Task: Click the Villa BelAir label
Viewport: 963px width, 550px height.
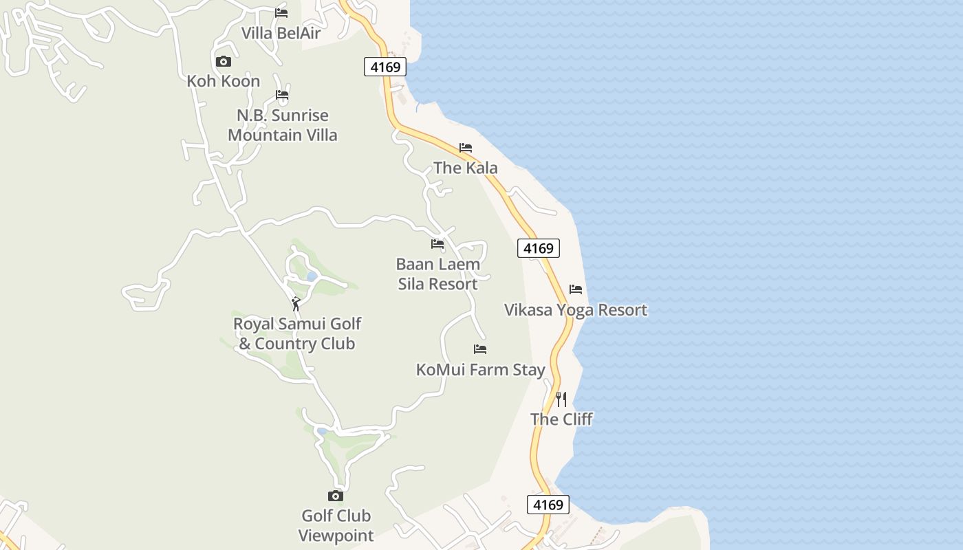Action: coord(281,33)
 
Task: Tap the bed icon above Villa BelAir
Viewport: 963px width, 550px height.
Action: coord(281,13)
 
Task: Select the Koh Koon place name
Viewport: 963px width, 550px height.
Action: coord(224,81)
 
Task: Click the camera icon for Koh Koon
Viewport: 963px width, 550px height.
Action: coord(224,62)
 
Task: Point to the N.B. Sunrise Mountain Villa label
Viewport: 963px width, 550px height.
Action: coord(283,125)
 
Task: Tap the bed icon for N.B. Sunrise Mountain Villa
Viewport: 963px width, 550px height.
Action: coord(282,96)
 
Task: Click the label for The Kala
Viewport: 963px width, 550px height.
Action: coord(466,168)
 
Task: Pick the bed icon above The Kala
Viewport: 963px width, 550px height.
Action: coord(466,148)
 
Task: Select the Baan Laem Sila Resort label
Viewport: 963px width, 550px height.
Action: coord(438,274)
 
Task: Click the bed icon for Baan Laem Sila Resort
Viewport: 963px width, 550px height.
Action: coord(437,244)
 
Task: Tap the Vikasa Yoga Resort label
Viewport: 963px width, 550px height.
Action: coord(576,309)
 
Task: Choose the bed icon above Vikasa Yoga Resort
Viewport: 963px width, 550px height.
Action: coord(576,289)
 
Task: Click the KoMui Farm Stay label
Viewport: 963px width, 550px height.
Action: coord(481,369)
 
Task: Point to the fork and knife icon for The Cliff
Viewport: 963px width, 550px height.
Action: coord(561,399)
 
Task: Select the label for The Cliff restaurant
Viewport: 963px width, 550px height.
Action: coord(561,419)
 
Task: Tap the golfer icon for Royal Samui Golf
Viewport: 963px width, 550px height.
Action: coord(296,303)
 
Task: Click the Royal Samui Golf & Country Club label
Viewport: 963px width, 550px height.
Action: coord(297,333)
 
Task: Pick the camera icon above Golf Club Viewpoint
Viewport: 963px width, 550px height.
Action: coord(336,496)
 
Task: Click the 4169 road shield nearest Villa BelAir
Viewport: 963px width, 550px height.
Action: coord(385,67)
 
